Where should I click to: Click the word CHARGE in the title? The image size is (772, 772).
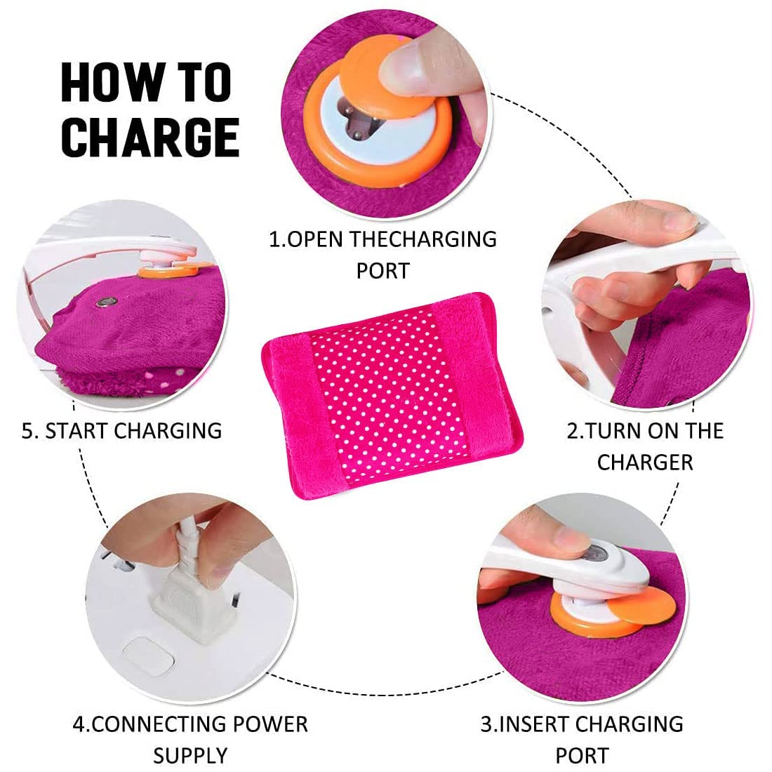(x=150, y=138)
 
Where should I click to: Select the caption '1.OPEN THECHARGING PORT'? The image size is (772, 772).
(x=382, y=255)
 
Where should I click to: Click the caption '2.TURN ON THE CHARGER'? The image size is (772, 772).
(x=645, y=446)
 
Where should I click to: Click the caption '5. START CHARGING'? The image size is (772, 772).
(x=121, y=431)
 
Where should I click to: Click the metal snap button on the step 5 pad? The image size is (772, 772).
(x=103, y=302)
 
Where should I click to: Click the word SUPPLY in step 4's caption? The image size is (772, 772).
(x=190, y=755)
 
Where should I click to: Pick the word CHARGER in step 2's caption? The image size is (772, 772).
(x=645, y=462)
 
